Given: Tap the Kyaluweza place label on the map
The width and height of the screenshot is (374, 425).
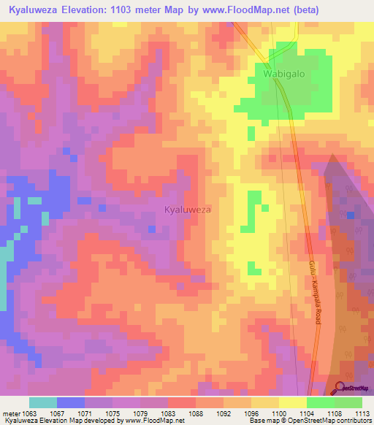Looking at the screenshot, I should click(188, 210).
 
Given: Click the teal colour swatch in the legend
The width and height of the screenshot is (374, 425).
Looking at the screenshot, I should click(43, 402).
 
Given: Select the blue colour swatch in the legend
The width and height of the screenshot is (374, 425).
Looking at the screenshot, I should click(71, 402).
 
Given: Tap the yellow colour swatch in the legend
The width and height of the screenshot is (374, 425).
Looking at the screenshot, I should click(293, 402).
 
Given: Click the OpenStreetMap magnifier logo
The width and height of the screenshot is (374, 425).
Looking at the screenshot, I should click(339, 388).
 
